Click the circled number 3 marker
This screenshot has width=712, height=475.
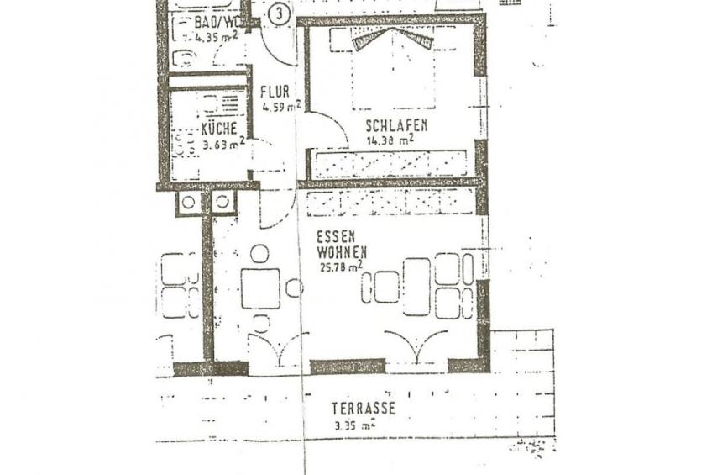click(281, 13)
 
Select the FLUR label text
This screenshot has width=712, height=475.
click(274, 92)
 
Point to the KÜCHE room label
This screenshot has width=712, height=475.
click(224, 129)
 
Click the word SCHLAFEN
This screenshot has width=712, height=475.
click(396, 125)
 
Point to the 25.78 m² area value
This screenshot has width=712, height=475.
click(340, 266)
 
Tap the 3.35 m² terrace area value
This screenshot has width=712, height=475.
click(353, 425)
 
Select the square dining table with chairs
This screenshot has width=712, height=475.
click(260, 288)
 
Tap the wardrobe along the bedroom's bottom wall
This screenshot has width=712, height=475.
click(389, 164)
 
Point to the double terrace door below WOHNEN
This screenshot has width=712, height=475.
click(416, 347)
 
